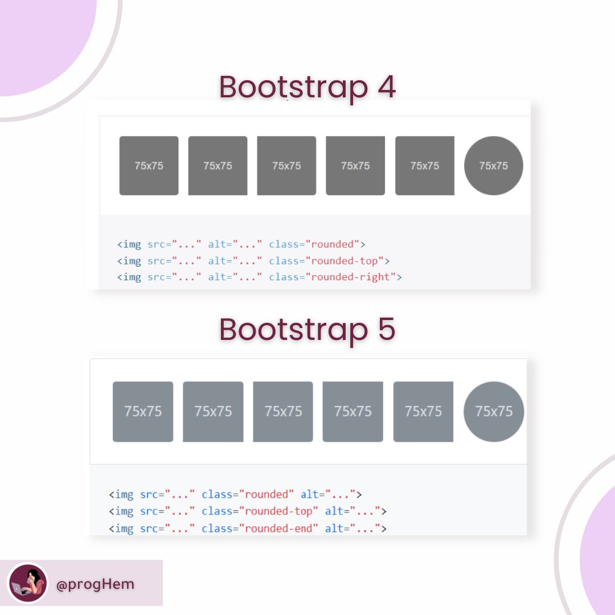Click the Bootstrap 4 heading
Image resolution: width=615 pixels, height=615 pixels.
point(307,88)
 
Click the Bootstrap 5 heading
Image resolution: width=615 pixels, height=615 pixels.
point(307,330)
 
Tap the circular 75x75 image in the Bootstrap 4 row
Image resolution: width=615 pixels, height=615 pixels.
point(493,166)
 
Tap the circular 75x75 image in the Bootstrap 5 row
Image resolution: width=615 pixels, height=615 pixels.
point(494,411)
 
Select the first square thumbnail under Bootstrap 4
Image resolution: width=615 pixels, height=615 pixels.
point(149,166)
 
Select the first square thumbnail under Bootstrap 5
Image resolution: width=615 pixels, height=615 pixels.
point(143,411)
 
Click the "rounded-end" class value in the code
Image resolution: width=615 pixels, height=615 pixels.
point(278,528)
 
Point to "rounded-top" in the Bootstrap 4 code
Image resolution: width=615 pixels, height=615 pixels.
point(345,261)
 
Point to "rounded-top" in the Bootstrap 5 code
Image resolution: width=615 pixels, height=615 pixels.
point(278,511)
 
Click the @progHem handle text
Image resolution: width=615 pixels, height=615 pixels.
point(95,584)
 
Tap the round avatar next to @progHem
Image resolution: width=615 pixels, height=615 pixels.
point(28,583)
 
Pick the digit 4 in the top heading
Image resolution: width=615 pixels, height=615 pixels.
point(384,88)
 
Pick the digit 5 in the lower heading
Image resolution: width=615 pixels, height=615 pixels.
point(385,330)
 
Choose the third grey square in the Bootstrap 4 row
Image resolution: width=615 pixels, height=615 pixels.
point(286,166)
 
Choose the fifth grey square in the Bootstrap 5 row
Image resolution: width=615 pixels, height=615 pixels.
point(423,411)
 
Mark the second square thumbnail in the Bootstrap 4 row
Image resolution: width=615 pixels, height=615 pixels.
point(218,166)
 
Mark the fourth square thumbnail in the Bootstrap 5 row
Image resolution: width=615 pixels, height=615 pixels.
point(352,411)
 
